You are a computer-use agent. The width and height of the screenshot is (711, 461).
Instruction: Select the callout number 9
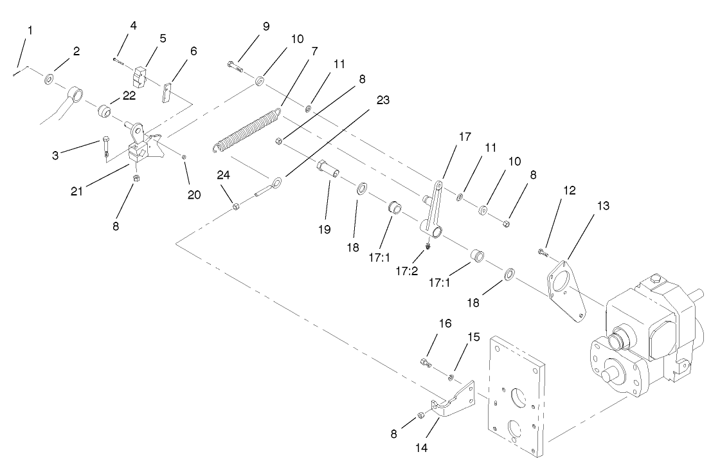pyautogui.click(x=265, y=26)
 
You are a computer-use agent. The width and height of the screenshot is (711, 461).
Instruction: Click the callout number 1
pyautogui.click(x=29, y=30)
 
